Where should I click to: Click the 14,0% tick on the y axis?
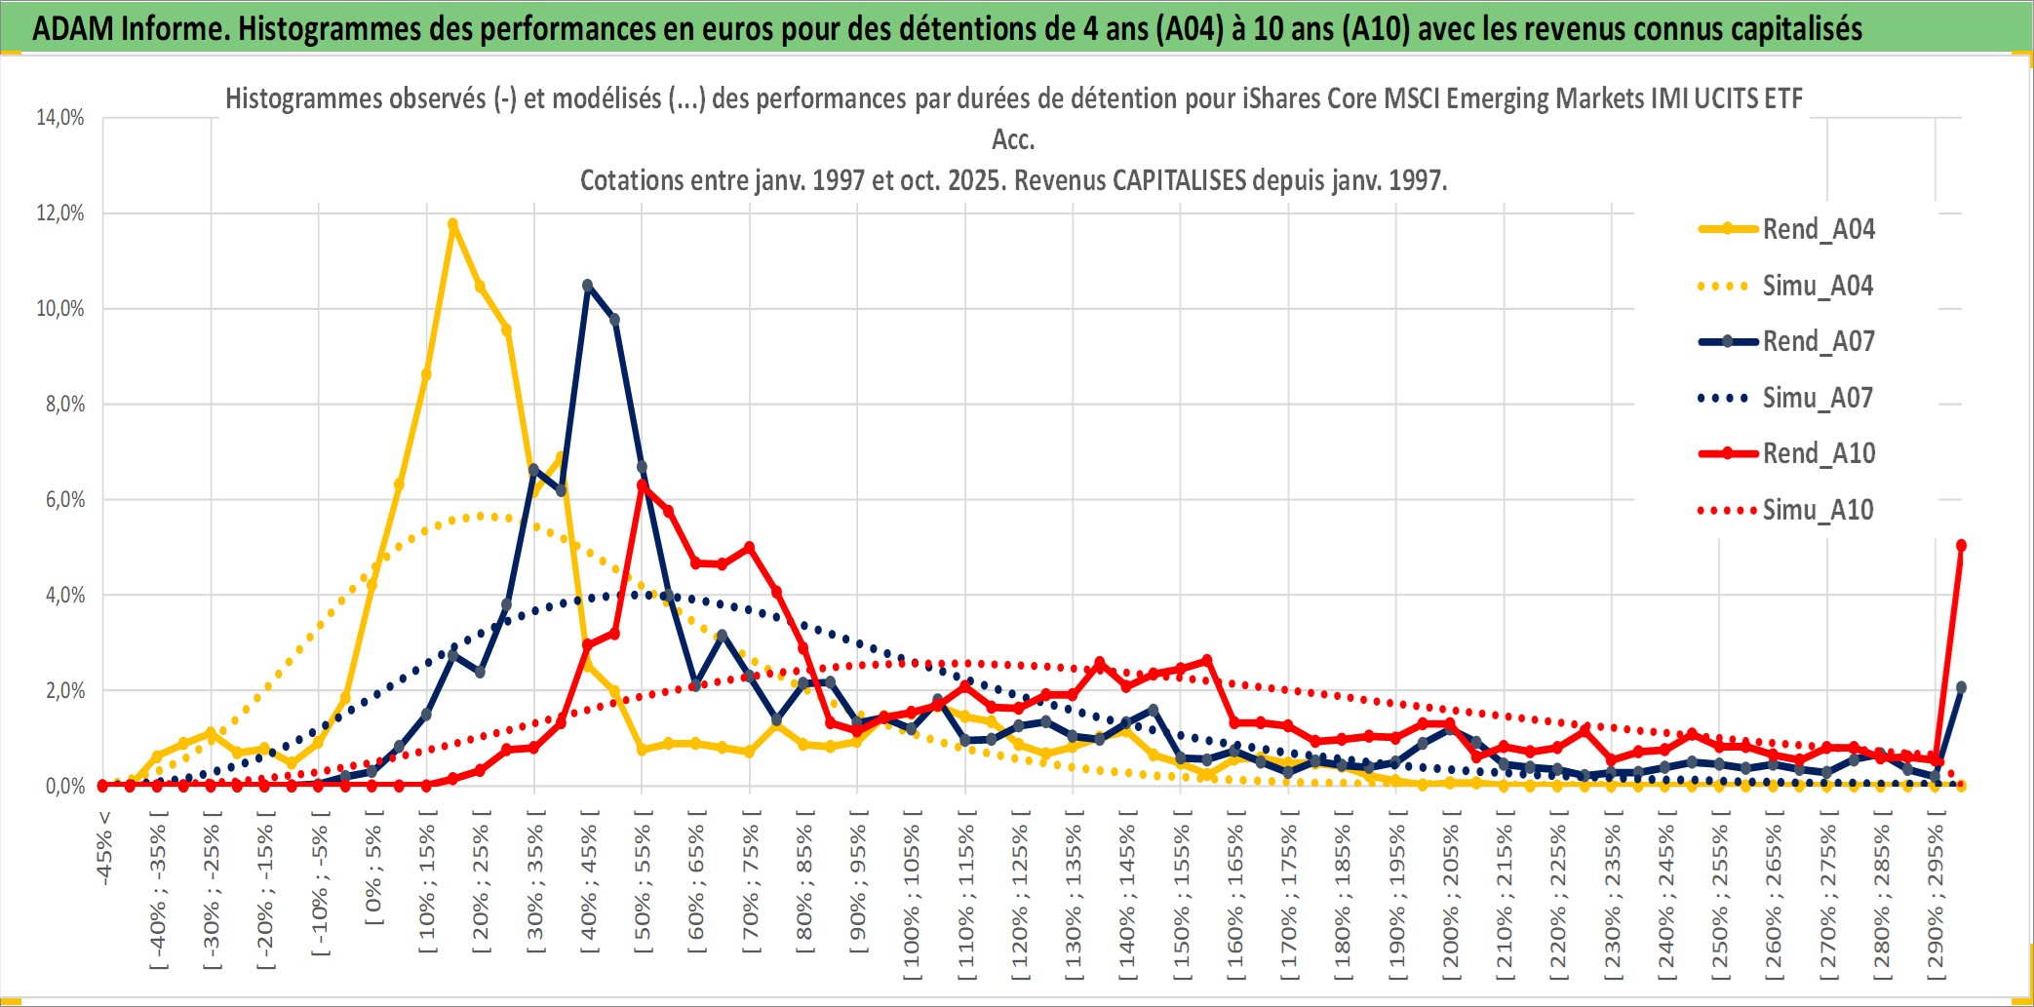[60, 118]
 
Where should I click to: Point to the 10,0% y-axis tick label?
[60, 309]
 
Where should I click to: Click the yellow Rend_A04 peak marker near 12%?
[452, 224]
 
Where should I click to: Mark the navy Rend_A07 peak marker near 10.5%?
[587, 286]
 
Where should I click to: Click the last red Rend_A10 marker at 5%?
[1961, 546]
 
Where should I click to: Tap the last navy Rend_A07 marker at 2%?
[1961, 687]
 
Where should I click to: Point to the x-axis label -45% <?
[104, 848]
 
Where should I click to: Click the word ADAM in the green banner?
[73, 28]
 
